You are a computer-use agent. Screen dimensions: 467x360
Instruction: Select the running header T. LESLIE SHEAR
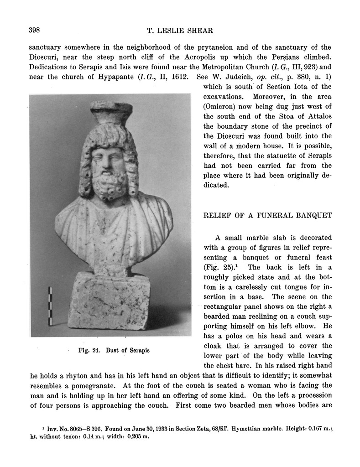[180, 31]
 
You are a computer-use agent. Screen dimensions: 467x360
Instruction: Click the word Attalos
[318, 116]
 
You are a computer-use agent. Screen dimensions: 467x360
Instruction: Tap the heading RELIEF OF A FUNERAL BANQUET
[267, 215]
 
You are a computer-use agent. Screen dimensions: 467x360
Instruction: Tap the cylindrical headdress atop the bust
[111, 112]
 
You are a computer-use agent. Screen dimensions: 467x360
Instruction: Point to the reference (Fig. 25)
[220, 268]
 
